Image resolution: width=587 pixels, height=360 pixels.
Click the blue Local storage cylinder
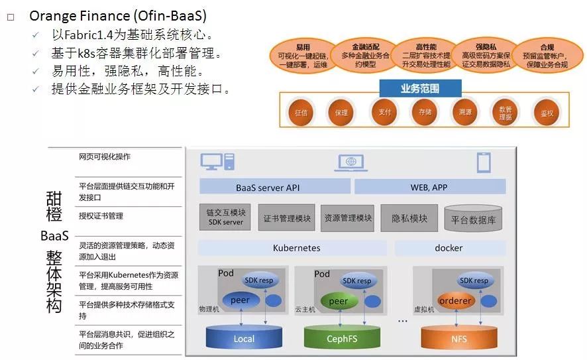[243, 337]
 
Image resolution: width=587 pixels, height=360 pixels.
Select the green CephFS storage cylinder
[342, 337]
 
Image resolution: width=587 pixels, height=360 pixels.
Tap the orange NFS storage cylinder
[458, 337]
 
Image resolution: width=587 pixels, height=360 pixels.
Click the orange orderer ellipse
[455, 300]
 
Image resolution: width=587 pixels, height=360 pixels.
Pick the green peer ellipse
[339, 301]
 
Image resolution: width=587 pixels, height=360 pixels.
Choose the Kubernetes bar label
[296, 248]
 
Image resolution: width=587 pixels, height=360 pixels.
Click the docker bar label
[449, 248]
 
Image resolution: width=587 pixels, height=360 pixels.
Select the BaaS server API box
[268, 188]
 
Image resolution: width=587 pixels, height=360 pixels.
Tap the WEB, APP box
[429, 188]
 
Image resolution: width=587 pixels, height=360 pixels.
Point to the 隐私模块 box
[409, 218]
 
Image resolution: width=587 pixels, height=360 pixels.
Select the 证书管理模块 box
[287, 218]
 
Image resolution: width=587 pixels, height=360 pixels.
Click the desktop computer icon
[218, 162]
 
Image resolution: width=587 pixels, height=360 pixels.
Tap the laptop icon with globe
[352, 162]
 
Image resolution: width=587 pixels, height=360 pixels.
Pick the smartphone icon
[484, 162]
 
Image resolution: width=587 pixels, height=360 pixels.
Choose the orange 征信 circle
[301, 113]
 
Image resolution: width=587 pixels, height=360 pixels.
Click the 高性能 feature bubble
[425, 56]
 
